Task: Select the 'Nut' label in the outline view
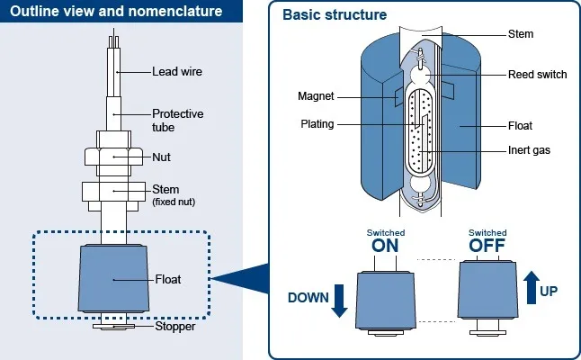(162, 157)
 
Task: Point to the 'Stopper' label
(174, 327)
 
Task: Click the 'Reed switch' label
(538, 75)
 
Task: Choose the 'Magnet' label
(317, 96)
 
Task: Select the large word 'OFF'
(487, 245)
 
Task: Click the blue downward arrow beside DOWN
(339, 300)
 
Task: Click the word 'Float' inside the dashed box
(168, 279)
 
